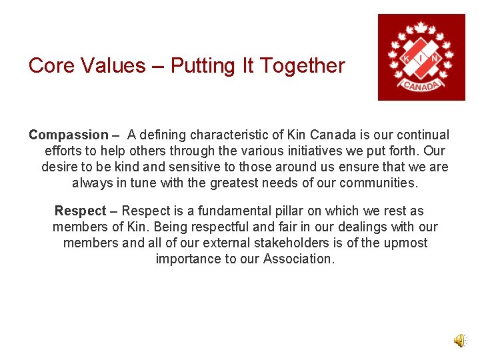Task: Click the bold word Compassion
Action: (x=68, y=135)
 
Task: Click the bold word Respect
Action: (x=80, y=211)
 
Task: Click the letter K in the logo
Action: (x=406, y=58)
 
